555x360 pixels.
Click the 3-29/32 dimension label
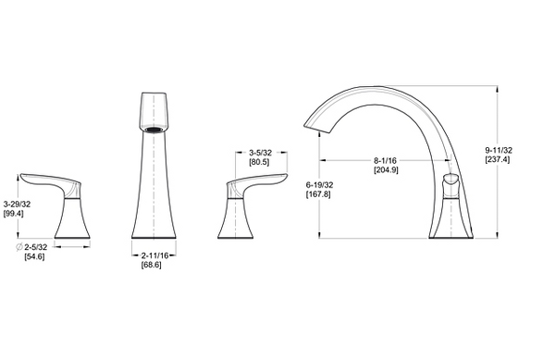[17, 204]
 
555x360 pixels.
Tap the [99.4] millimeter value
[14, 214]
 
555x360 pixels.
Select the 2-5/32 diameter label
[36, 247]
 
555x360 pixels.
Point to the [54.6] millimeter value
[34, 256]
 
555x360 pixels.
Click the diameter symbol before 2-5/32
[19, 247]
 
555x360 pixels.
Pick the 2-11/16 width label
[154, 255]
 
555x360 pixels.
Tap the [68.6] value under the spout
[151, 265]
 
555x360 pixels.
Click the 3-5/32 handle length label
[260, 153]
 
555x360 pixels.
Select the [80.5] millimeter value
[259, 162]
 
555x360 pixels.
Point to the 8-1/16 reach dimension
[385, 161]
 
